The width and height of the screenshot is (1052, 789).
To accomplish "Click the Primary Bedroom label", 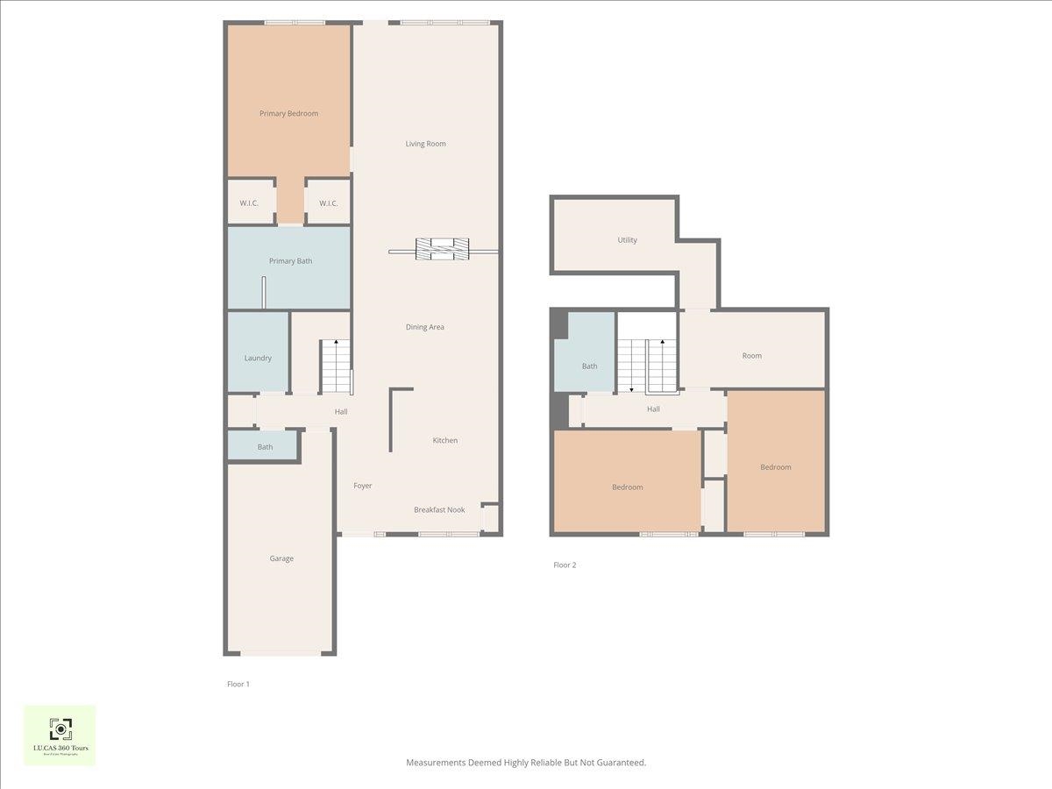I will (x=288, y=113).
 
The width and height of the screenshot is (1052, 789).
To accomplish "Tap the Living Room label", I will (x=425, y=144).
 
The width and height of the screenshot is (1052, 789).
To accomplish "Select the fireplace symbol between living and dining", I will (x=443, y=249).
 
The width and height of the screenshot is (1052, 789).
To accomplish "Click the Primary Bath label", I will (x=290, y=261).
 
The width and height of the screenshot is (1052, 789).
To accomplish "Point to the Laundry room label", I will (x=258, y=358).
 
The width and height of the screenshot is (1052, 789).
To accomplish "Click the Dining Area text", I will (x=424, y=327).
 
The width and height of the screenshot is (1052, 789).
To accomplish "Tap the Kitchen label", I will (x=445, y=440).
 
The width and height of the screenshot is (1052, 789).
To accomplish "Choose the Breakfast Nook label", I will (x=439, y=509).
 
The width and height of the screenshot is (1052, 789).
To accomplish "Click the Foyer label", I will (x=363, y=486).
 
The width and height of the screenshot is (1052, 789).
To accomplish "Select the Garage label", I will (x=281, y=558).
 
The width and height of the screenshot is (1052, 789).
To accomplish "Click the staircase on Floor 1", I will (x=335, y=366).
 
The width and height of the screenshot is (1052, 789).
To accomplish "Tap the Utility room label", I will (x=627, y=240).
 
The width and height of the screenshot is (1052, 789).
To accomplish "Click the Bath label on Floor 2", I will (x=589, y=366).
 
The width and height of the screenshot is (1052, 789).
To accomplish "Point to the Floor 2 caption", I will (x=565, y=565).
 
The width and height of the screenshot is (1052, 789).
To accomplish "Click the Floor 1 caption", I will (x=238, y=684).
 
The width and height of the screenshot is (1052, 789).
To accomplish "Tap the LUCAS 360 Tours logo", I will (x=60, y=735).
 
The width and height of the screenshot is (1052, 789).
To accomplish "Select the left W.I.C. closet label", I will (x=249, y=203).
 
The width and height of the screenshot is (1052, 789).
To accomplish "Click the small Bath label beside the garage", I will (x=265, y=447).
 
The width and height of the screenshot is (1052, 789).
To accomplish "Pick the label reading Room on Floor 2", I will (x=751, y=356).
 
